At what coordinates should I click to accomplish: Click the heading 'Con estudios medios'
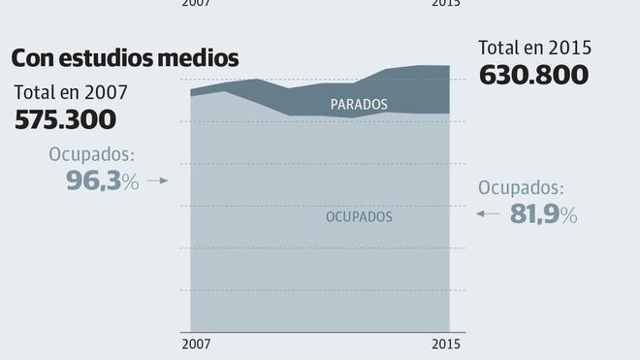point(125,58)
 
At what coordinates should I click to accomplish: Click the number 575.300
point(66,120)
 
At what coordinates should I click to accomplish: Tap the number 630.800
point(534,75)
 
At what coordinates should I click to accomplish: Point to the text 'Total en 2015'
point(534,47)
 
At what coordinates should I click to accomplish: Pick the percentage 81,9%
point(544,214)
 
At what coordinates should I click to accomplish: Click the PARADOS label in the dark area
point(359,104)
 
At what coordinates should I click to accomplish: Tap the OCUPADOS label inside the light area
point(359,217)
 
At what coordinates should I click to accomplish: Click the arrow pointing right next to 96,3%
point(159,180)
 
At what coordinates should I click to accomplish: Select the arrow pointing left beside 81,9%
point(488,213)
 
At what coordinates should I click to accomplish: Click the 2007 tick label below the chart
point(196,344)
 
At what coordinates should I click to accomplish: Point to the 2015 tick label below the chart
point(446,344)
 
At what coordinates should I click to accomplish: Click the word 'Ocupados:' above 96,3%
point(91,154)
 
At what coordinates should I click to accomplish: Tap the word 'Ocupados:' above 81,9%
point(522,188)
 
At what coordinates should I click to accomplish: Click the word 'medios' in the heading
point(204,58)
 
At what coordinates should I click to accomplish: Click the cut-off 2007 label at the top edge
point(196,3)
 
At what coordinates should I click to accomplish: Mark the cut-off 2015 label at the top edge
point(446,3)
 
